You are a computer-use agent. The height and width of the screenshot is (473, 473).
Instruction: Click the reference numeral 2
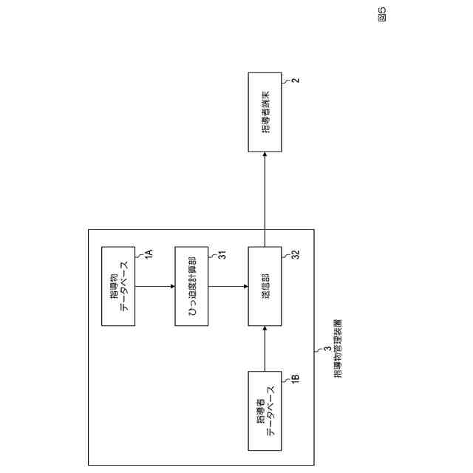[x=294, y=79]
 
